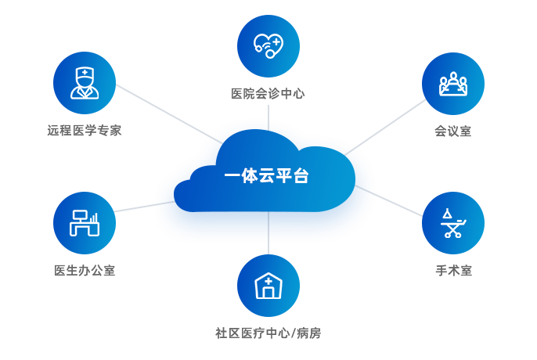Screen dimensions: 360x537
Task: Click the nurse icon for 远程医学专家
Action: pyautogui.click(x=84, y=83)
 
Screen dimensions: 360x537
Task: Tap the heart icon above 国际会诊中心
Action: pyautogui.click(x=268, y=45)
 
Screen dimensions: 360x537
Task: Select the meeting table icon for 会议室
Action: pyautogui.click(x=452, y=83)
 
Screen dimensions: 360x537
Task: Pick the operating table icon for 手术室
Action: pyautogui.click(x=452, y=223)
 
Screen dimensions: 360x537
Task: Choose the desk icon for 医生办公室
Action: pyautogui.click(x=84, y=223)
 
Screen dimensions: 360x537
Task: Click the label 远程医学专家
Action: pyautogui.click(x=84, y=130)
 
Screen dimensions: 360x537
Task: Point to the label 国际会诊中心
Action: pyautogui.click(x=268, y=94)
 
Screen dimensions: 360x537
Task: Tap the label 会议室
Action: pyautogui.click(x=452, y=131)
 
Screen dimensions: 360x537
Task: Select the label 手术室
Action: pyautogui.click(x=453, y=271)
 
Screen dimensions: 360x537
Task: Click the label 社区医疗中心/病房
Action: pyautogui.click(x=268, y=333)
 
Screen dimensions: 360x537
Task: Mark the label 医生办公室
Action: pyautogui.click(x=84, y=271)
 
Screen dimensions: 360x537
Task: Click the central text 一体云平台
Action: pyautogui.click(x=266, y=176)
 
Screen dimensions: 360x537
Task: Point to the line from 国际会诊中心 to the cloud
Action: pyautogui.click(x=268, y=117)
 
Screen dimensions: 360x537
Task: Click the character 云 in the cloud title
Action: pyautogui.click(x=266, y=176)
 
